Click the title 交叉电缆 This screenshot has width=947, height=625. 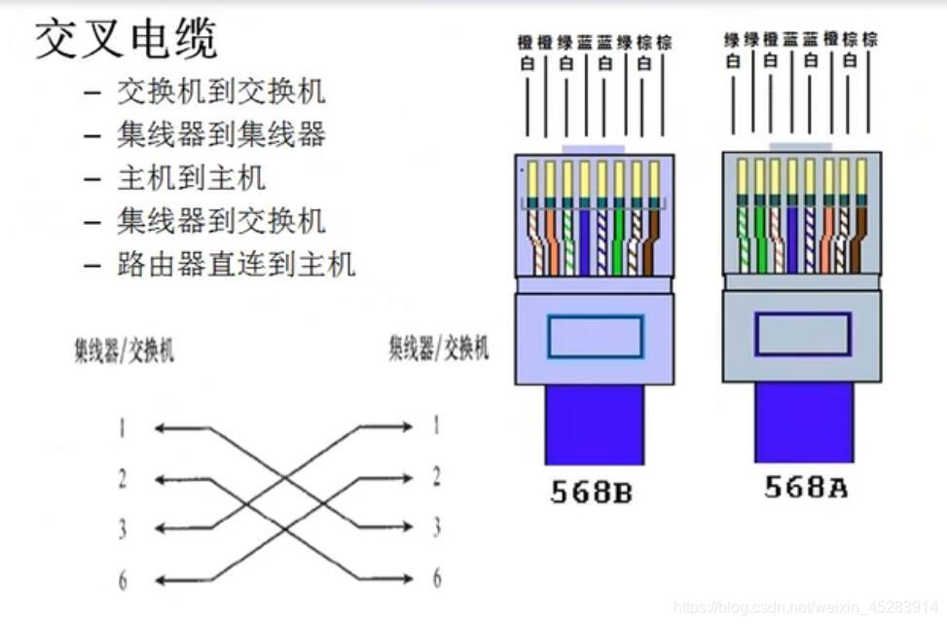pos(127,39)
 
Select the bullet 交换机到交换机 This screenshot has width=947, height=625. pos(221,92)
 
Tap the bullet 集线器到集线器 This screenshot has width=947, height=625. pos(221,134)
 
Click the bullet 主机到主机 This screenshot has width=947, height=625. pos(191,178)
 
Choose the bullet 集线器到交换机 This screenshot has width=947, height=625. pos(221,221)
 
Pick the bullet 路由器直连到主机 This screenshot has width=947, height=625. pos(237,264)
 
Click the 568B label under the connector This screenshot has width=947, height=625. pos(591,493)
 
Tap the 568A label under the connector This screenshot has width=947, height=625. pos(805,487)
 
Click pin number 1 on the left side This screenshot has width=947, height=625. pos(123,427)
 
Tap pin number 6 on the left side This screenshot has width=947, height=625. pos(123,581)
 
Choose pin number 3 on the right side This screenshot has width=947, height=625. pos(436,528)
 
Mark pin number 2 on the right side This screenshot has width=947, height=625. pos(436,477)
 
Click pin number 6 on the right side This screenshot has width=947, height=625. pos(436,577)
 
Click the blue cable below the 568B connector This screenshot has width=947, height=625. pos(594,424)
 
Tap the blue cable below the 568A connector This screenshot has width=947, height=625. pos(804,423)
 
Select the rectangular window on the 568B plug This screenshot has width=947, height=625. pos(595,337)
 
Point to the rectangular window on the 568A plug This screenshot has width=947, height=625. pos(803,334)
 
